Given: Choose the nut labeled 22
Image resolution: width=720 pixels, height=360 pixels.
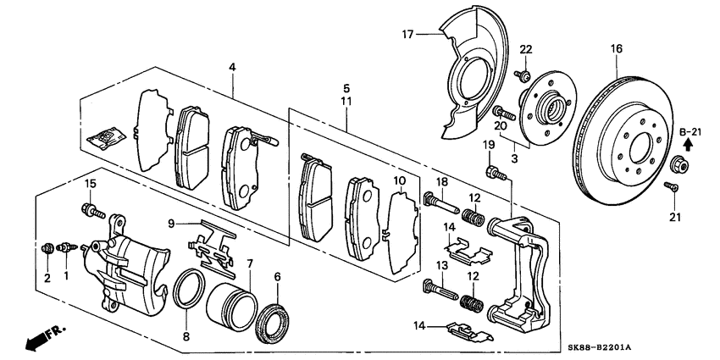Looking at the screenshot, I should point(523,78).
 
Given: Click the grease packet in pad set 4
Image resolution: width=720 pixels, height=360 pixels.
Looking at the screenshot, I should point(108,136).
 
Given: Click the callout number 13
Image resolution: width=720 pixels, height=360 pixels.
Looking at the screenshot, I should point(441,266).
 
